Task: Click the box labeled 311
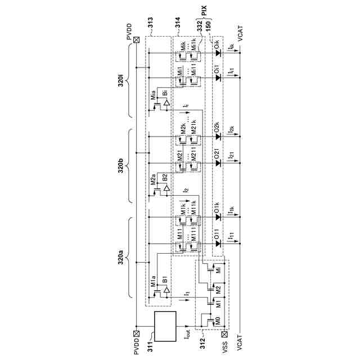point(169,325)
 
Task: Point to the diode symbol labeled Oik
point(218,52)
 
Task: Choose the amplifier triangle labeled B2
point(165,191)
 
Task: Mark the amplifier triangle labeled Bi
point(165,101)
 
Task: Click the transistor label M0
point(218,321)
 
